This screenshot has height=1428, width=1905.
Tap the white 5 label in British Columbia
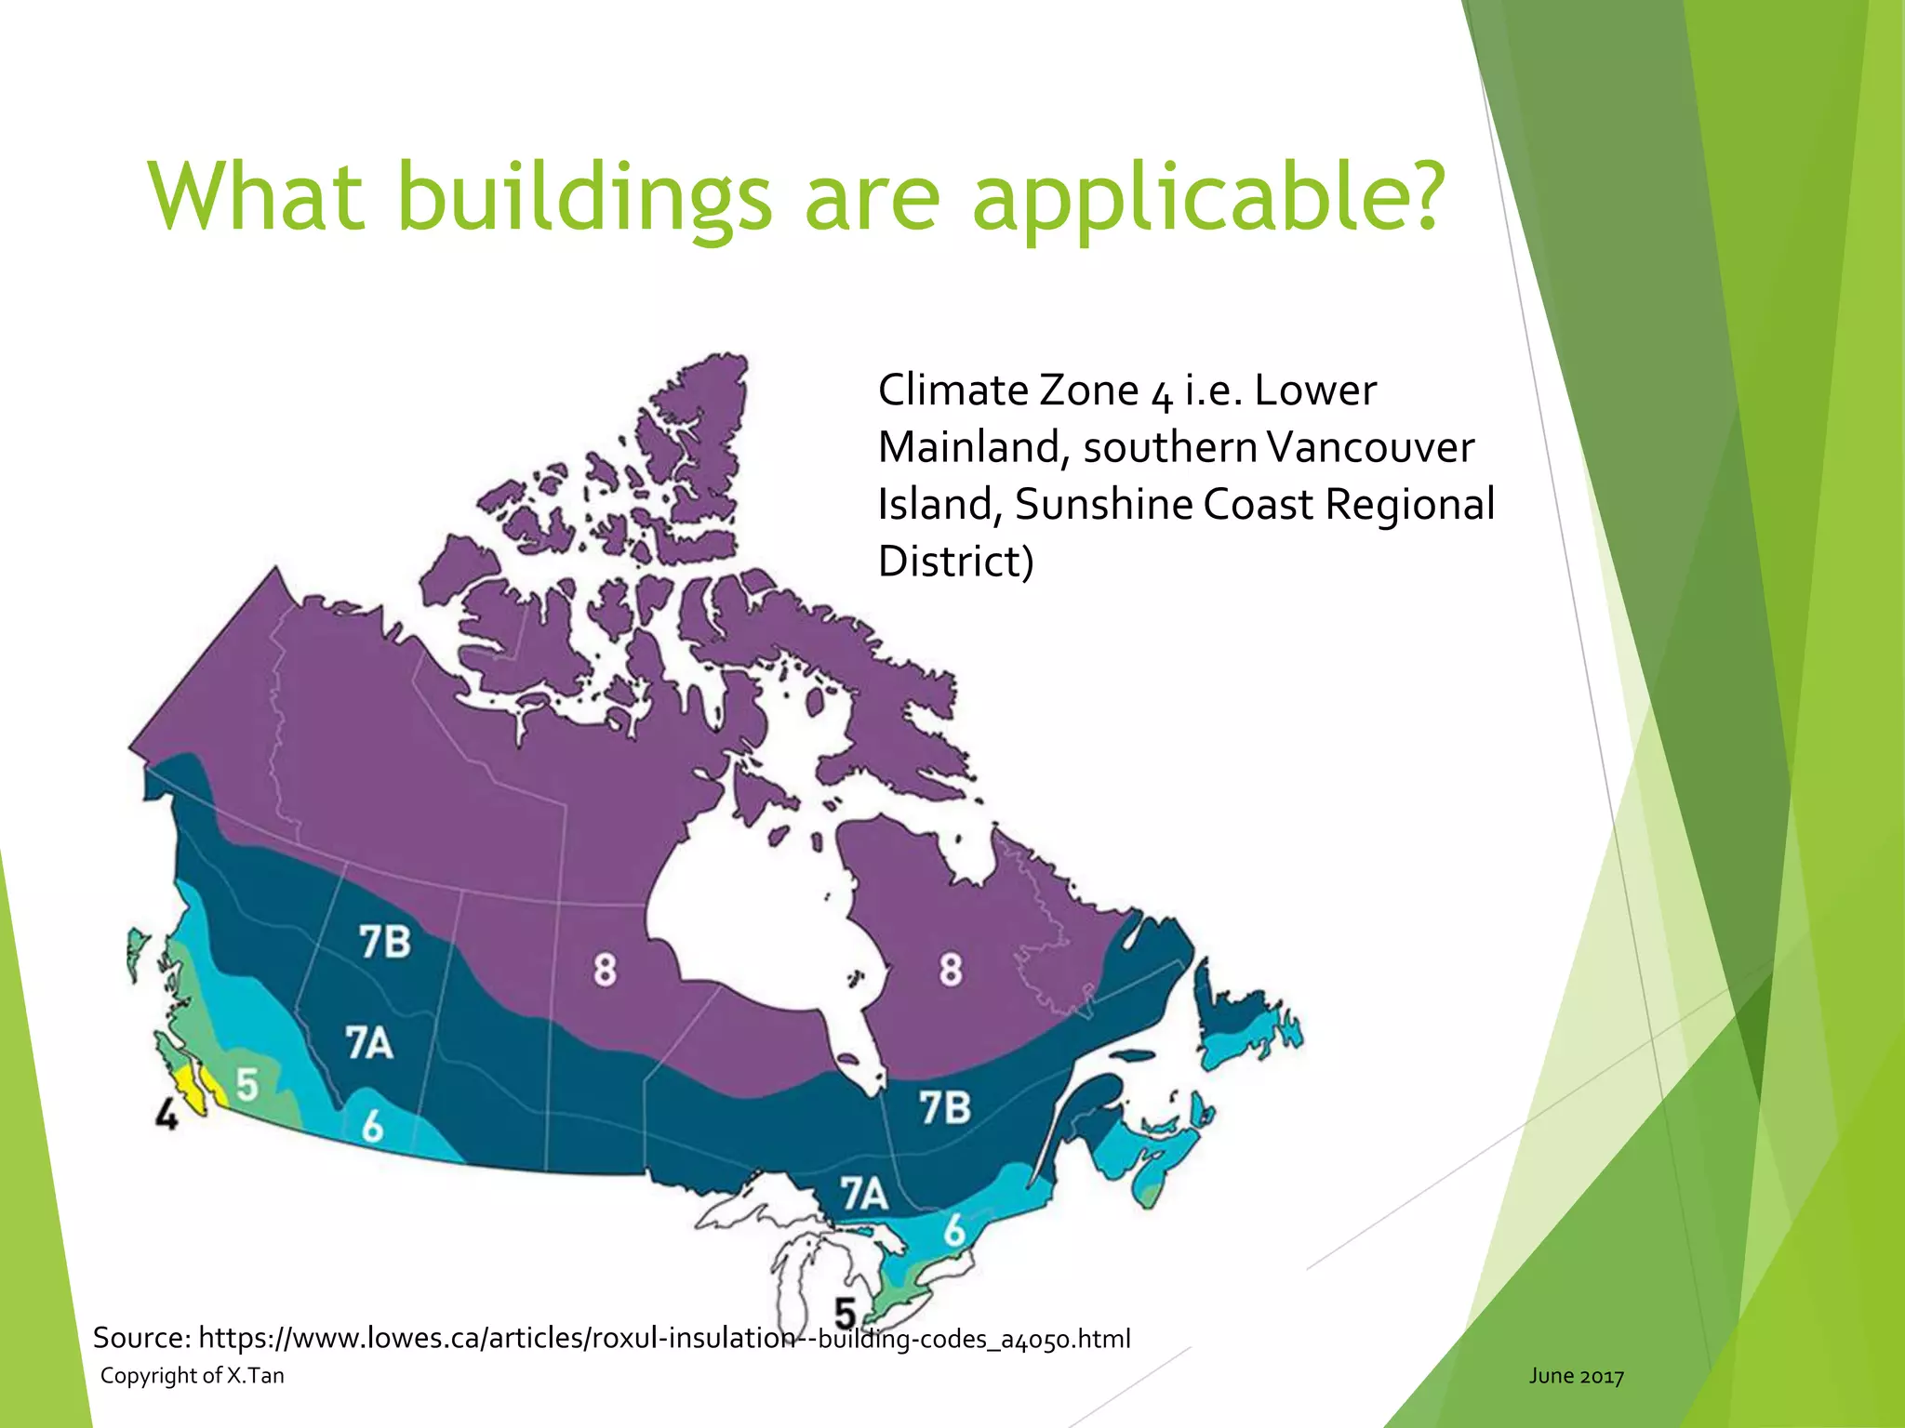pyautogui.click(x=246, y=1084)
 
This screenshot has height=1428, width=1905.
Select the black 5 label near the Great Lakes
pyautogui.click(x=845, y=1314)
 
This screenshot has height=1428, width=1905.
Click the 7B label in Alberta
pyautogui.click(x=385, y=942)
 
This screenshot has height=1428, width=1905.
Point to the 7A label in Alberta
pyautogui.click(x=369, y=1043)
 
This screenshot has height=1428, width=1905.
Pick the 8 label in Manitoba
pyautogui.click(x=605, y=970)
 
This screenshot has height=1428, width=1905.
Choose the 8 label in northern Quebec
pyautogui.click(x=950, y=970)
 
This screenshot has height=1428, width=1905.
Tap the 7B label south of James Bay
pyautogui.click(x=945, y=1108)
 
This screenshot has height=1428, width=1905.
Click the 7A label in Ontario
pyautogui.click(x=864, y=1195)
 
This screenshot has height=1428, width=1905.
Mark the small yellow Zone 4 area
pyautogui.click(x=189, y=1083)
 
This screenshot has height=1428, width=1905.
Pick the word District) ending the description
pyautogui.click(x=955, y=562)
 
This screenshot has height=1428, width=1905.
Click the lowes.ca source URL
pyautogui.click(x=664, y=1338)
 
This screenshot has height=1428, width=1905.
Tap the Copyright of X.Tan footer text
pyautogui.click(x=193, y=1376)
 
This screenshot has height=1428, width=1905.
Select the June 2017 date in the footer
pyautogui.click(x=1577, y=1376)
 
